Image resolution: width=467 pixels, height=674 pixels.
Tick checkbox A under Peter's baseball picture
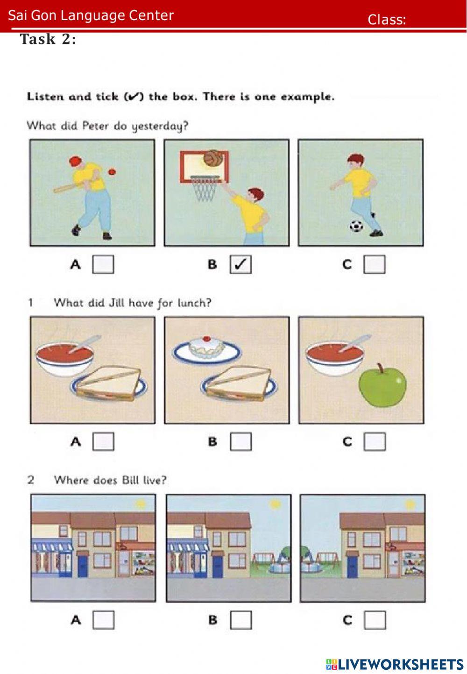click(103, 264)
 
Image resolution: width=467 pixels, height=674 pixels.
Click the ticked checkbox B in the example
click(241, 264)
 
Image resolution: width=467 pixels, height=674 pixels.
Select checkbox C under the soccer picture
click(375, 264)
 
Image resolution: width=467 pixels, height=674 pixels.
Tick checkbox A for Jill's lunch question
click(103, 441)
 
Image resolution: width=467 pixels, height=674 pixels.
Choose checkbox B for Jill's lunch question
click(241, 441)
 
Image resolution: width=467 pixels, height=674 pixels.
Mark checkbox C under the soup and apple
click(375, 441)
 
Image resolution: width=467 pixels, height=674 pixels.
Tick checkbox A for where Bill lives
click(103, 620)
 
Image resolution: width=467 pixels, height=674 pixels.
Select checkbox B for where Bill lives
click(241, 620)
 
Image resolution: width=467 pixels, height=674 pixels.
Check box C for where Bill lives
click(375, 620)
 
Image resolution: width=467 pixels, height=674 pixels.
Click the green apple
click(382, 386)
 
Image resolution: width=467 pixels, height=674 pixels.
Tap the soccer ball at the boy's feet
click(356, 226)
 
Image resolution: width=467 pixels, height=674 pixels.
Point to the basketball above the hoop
click(213, 157)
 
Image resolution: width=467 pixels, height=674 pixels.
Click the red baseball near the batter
click(112, 172)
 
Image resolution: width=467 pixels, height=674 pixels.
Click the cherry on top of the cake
click(206, 339)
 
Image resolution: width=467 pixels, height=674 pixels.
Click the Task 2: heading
click(48, 39)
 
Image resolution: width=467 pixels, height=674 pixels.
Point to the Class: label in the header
click(387, 20)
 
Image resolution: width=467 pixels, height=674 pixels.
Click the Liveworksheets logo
click(395, 664)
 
